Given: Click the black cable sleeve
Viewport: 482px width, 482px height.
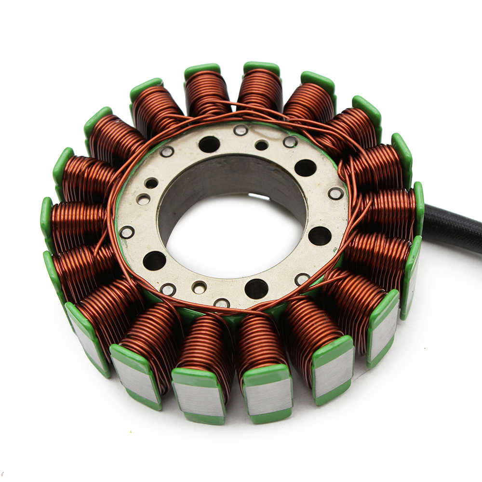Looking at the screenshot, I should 453,229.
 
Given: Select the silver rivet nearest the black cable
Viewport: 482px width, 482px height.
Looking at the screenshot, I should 336,193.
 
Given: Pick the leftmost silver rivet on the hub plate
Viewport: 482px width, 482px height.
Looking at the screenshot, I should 127,232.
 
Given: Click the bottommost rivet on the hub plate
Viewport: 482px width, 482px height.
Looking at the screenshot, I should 222,303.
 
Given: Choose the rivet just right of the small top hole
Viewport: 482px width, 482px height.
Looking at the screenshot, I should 290,142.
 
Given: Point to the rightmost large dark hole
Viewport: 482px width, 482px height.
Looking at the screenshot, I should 320,236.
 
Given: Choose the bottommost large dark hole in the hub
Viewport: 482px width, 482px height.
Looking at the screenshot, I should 256,289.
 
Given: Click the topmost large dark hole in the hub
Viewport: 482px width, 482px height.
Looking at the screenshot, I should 209,144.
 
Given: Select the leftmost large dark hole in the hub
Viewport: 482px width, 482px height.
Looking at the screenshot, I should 154,260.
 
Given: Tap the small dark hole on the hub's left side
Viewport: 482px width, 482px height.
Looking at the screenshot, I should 151,183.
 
